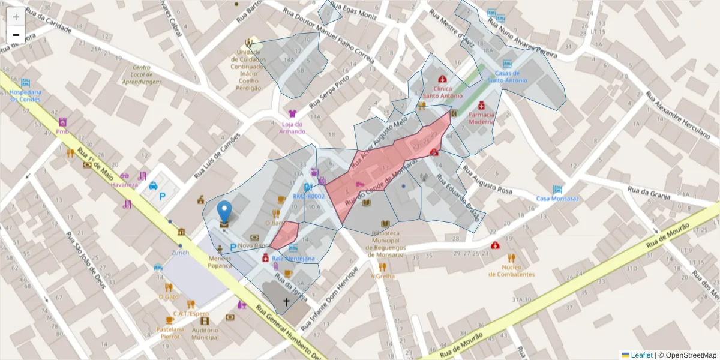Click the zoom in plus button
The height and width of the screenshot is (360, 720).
[16, 17]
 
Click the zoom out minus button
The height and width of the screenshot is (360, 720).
[16, 35]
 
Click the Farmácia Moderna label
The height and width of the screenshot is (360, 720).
[481, 118]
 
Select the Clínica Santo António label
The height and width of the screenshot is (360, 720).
[442, 92]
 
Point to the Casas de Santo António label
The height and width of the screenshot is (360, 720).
[507, 76]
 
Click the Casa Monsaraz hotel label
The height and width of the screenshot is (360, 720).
[557, 198]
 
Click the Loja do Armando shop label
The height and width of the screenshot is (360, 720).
[292, 127]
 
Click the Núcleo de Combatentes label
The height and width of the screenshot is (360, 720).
[511, 271]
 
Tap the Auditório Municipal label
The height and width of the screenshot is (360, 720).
[205, 333]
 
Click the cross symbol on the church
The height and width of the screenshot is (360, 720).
[286, 302]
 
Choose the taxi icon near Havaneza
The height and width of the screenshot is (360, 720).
[153, 185]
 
